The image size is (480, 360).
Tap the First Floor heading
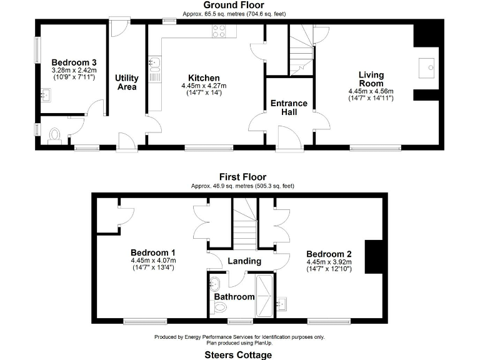242,177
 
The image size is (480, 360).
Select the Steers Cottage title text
239,354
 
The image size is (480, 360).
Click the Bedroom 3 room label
74,62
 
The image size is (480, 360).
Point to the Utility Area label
127,82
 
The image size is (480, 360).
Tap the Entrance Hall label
289,107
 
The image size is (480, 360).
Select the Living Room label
371,79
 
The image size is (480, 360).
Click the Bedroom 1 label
153,252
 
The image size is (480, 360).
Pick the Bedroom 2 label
329,254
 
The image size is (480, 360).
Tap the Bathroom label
235,296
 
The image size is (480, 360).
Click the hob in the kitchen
219,31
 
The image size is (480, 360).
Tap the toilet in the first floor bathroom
219,307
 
